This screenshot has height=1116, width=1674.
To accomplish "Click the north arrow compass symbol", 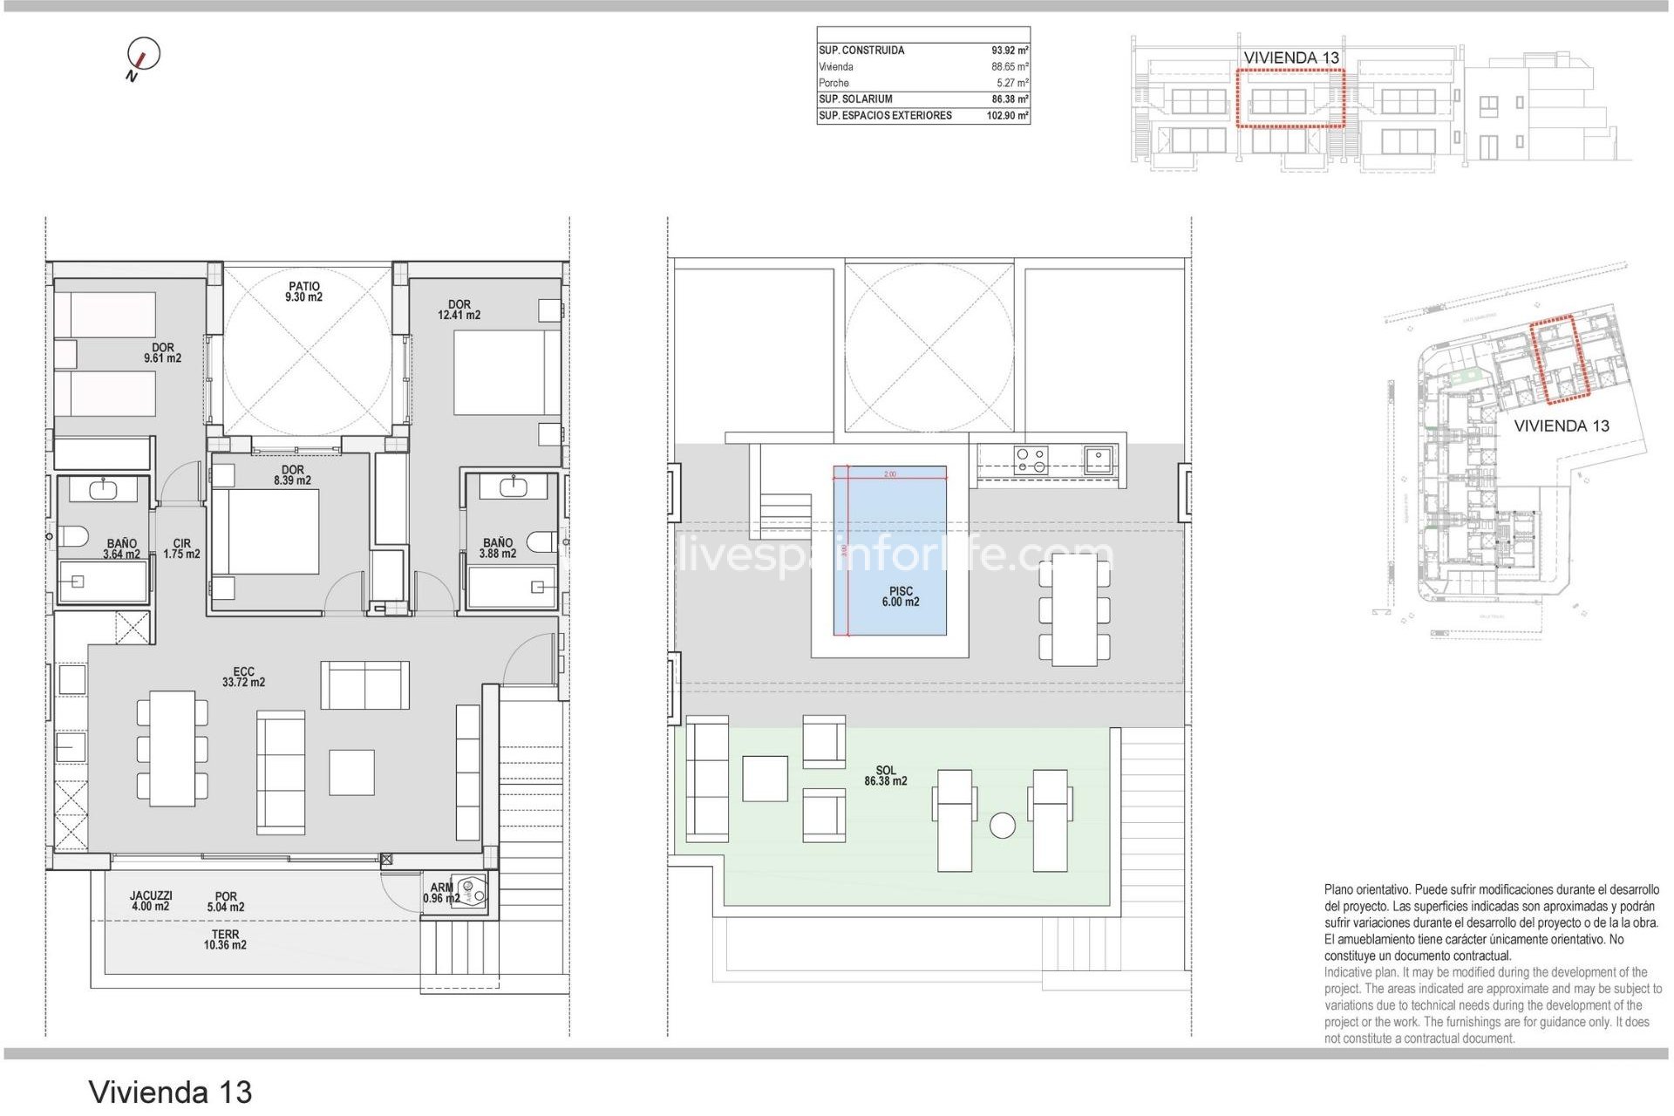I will (143, 55).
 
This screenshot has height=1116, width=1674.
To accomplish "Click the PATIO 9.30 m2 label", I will (303, 292).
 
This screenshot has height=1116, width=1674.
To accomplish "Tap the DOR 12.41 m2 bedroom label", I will (459, 310).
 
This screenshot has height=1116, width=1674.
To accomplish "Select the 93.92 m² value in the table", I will (1009, 51).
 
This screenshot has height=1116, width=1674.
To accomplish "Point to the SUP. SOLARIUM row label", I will (855, 99).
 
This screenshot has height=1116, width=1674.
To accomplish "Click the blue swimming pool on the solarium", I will (889, 549).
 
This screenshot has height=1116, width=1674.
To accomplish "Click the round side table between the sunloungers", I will (1002, 825).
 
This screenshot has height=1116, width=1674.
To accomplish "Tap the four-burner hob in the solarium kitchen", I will (1031, 459).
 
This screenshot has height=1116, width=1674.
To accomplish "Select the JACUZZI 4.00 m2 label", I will (151, 901).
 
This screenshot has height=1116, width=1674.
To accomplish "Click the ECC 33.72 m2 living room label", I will (243, 677).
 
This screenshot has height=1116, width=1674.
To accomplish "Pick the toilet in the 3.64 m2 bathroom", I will (71, 537).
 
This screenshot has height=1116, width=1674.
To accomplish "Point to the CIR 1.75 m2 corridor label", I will (181, 548).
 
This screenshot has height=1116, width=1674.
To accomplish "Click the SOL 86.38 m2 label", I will (885, 776).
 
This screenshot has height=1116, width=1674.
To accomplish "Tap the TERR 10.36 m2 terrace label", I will (225, 940).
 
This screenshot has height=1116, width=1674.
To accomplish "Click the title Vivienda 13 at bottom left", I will (170, 1092).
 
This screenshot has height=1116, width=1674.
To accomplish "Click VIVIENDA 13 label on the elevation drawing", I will (1290, 58).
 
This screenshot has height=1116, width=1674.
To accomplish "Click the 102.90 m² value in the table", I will (1007, 116).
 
